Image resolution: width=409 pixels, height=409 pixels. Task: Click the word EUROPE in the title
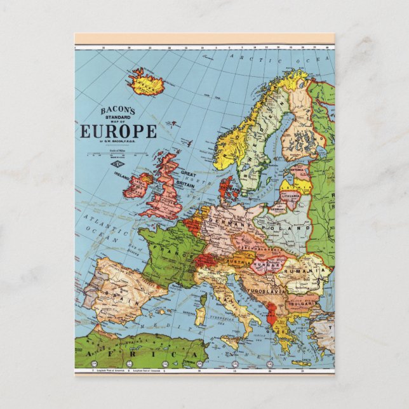(x=118, y=131)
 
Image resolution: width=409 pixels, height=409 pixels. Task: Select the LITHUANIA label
(x=291, y=197)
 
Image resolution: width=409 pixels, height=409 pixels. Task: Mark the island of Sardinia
(x=201, y=314)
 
